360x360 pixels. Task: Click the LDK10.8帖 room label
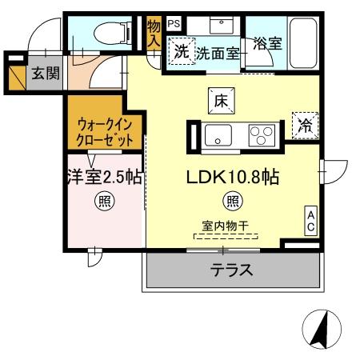click(x=233, y=178)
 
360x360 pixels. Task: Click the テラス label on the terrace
click(x=233, y=270)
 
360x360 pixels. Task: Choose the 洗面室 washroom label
click(x=218, y=53)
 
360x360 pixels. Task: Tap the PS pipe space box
click(x=174, y=24)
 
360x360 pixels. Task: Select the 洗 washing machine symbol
click(x=181, y=52)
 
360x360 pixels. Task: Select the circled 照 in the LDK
click(x=232, y=201)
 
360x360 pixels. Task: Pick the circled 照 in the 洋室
click(x=105, y=201)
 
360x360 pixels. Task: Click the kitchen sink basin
click(x=218, y=135)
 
